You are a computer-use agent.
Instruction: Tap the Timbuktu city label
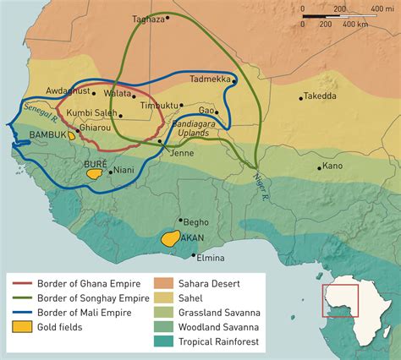click(158, 106)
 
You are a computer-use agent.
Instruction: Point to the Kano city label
click(332, 166)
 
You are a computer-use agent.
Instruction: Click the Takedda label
click(320, 96)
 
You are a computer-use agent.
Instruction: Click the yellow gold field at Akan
click(173, 239)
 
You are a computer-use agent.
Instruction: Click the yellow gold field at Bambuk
click(71, 134)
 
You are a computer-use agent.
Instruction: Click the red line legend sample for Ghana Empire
click(22, 284)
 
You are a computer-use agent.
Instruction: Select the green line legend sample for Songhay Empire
click(22, 299)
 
